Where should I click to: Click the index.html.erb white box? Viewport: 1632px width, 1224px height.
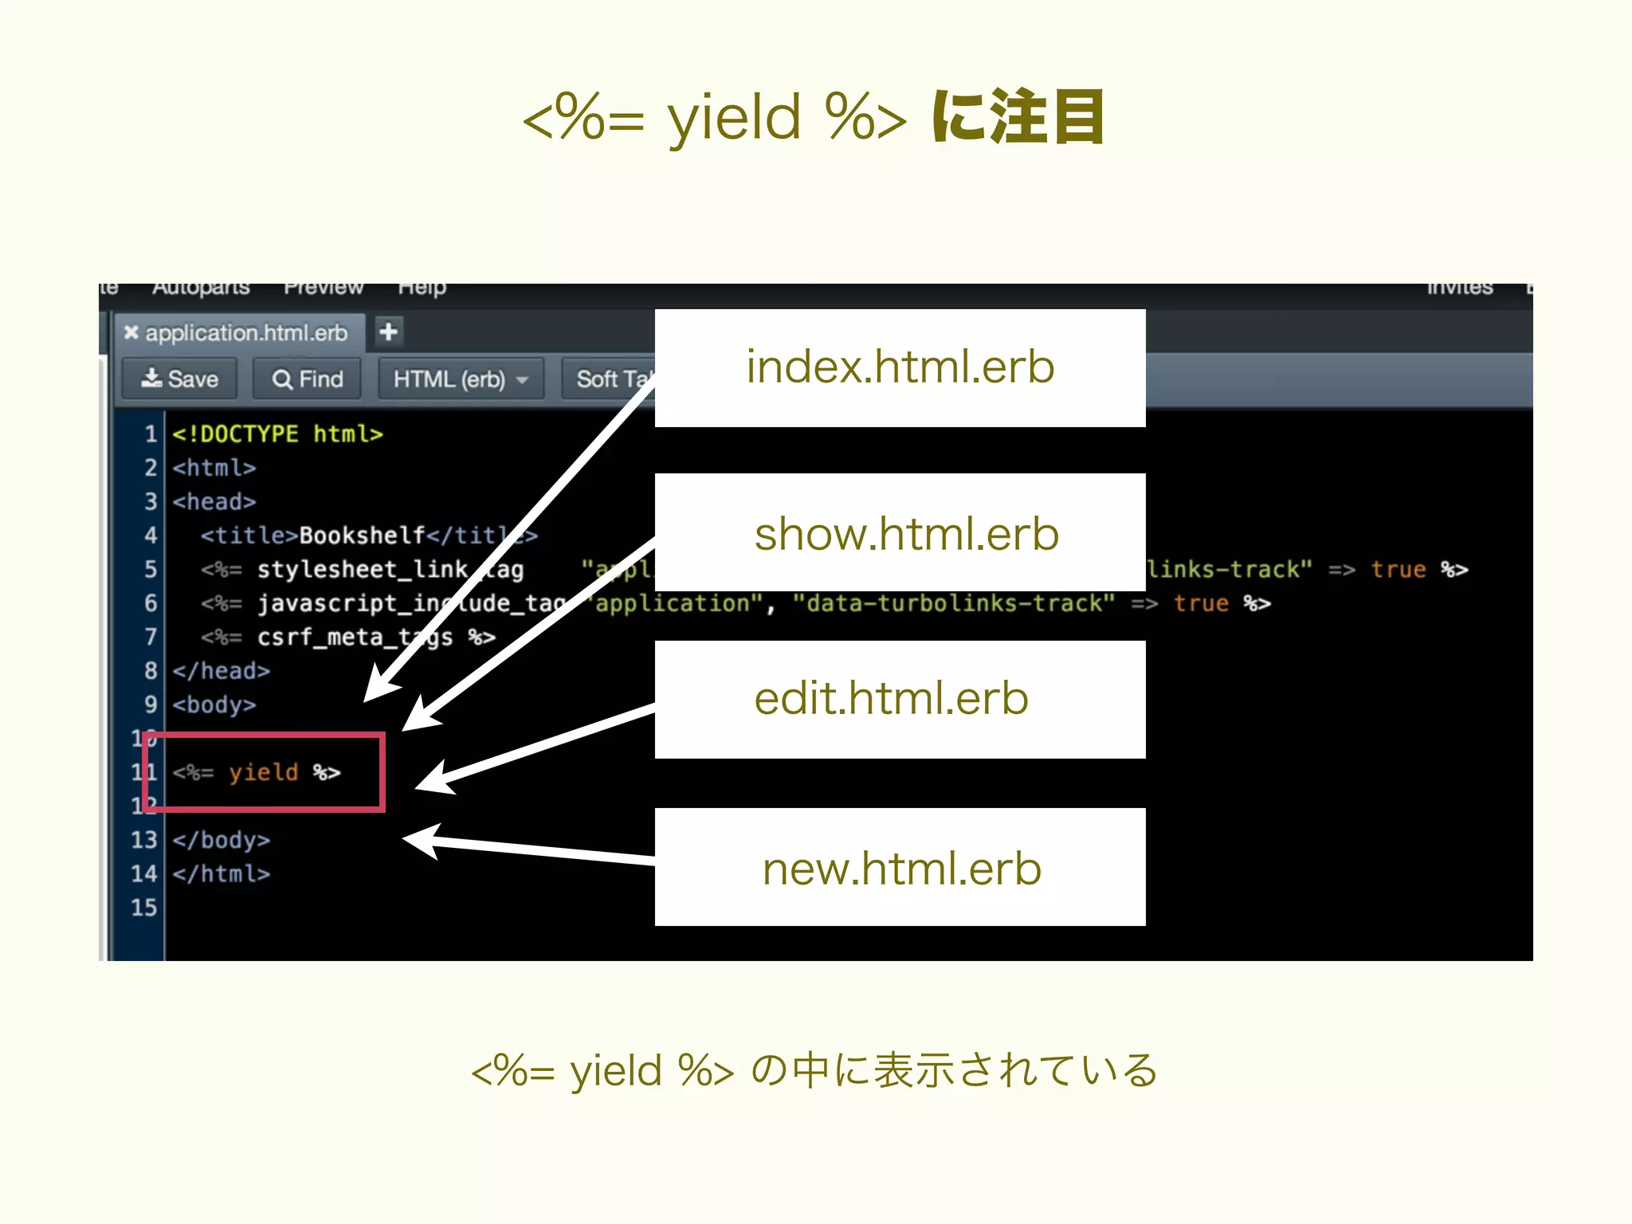pyautogui.click(x=900, y=368)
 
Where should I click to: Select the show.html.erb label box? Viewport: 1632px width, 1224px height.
pyautogui.click(x=900, y=532)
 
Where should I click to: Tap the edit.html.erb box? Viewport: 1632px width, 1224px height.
pyautogui.click(x=900, y=699)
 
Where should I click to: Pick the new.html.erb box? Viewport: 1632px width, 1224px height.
pyautogui.click(x=900, y=867)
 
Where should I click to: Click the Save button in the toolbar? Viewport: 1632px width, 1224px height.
pyautogui.click(x=180, y=379)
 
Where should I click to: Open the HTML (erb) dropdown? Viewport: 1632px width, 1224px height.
pyautogui.click(x=461, y=379)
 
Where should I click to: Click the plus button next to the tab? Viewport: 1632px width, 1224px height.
pyautogui.click(x=389, y=331)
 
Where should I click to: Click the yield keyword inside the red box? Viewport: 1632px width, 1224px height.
pyautogui.click(x=263, y=772)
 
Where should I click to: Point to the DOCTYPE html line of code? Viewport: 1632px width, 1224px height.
pyautogui.click(x=277, y=434)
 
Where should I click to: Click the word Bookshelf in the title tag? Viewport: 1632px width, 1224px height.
pyautogui.click(x=362, y=535)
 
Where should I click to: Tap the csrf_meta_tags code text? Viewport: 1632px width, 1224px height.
pyautogui.click(x=355, y=637)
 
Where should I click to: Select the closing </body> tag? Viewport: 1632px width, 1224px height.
pyautogui.click(x=222, y=840)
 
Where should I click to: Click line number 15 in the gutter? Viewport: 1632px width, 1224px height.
pyautogui.click(x=144, y=908)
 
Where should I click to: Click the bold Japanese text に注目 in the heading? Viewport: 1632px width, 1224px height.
pyautogui.click(x=1018, y=117)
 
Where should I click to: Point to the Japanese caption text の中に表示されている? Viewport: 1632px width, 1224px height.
pyautogui.click(x=954, y=1070)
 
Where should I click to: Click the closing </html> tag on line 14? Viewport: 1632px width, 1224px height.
pyautogui.click(x=222, y=874)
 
